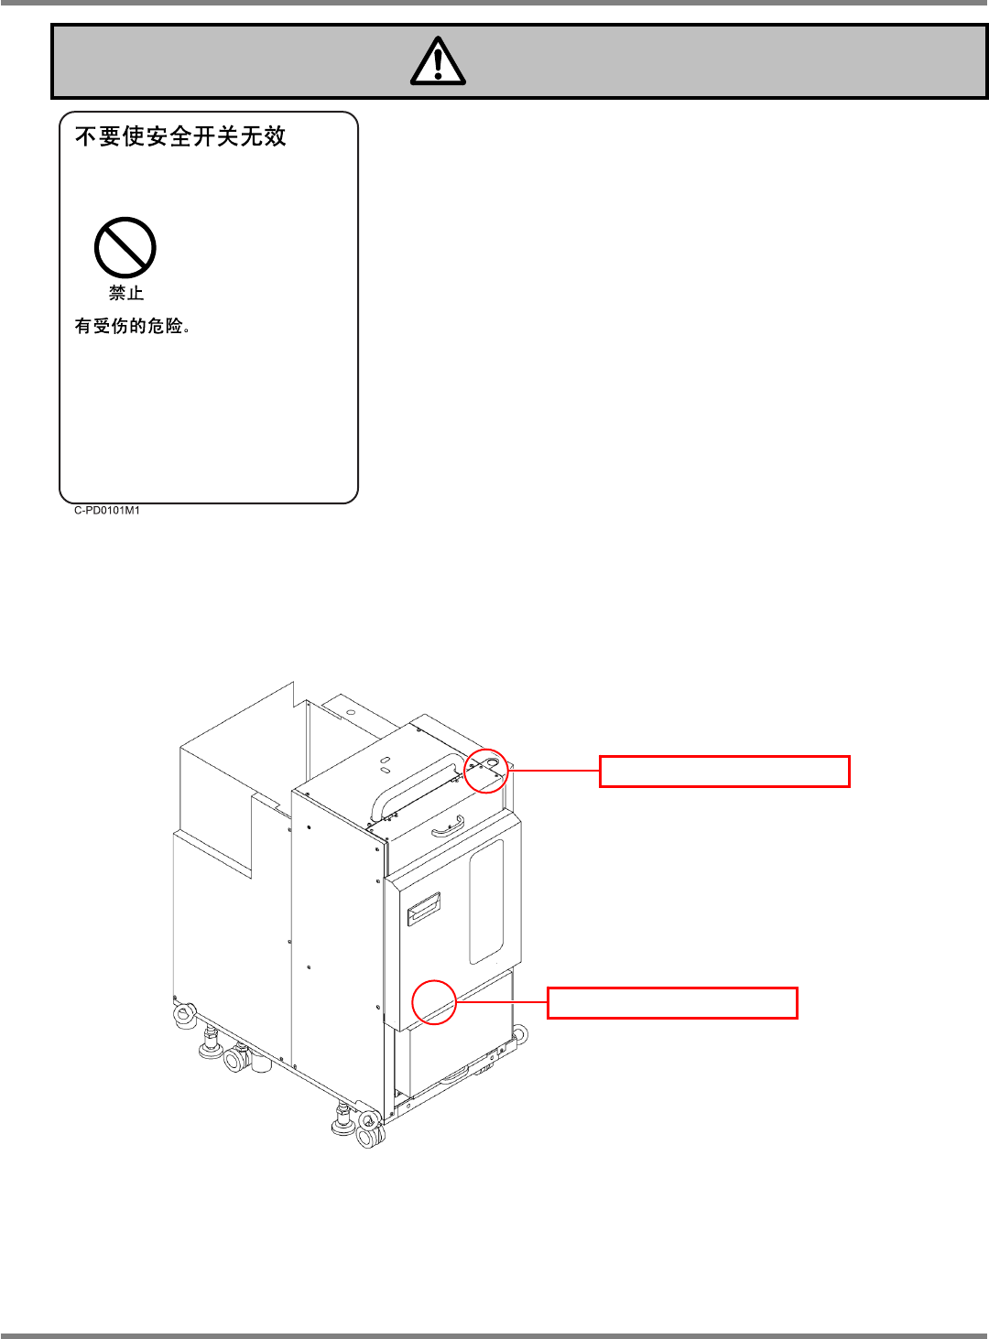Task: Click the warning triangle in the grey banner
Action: coord(438,61)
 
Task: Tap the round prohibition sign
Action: coord(125,247)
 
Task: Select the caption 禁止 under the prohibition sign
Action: coord(126,293)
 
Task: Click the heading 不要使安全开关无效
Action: coord(180,136)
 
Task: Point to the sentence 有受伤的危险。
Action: coord(133,326)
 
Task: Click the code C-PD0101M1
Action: coord(107,511)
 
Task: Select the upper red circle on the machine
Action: coord(486,771)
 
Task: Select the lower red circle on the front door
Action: coord(434,1001)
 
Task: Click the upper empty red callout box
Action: coord(724,772)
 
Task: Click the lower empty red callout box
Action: coord(672,1003)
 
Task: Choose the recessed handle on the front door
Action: coord(423,909)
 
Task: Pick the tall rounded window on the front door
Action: coord(486,902)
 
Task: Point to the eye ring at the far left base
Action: coord(185,1013)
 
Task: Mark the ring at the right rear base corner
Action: coord(519,1035)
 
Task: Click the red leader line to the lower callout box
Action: coord(502,1002)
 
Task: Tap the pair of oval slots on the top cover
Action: coord(386,763)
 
